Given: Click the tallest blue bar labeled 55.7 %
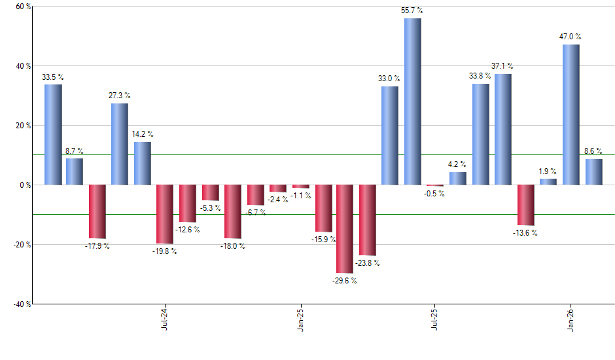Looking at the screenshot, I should [412, 101].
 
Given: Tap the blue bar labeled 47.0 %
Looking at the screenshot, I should [571, 115].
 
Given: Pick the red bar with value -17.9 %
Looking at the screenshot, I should [97, 211].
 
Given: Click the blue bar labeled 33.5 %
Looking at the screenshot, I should [53, 134].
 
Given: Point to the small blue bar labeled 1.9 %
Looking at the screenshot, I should [548, 181].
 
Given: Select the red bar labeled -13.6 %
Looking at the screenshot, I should [526, 205].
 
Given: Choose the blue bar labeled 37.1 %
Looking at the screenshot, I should [502, 129].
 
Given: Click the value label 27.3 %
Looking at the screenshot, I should [119, 96].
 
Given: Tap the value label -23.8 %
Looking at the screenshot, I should [367, 263].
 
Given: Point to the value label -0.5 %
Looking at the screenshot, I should [434, 194].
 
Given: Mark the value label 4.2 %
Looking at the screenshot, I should [457, 164].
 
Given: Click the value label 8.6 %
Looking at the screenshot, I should [593, 151].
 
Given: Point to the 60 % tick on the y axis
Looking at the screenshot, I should [23, 7].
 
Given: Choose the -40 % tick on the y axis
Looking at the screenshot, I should [22, 304].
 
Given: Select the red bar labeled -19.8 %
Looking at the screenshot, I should [165, 214].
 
